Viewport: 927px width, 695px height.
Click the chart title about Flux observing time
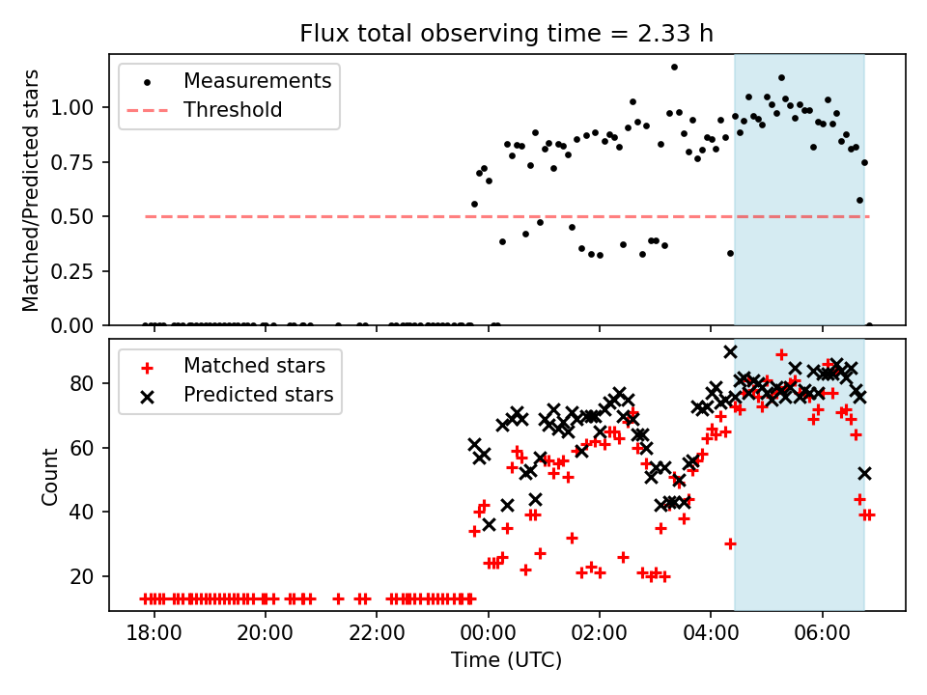506,33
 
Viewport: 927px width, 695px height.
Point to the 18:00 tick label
154,633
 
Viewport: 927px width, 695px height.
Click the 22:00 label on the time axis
377,633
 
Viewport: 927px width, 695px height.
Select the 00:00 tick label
489,633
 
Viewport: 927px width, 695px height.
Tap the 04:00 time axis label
711,633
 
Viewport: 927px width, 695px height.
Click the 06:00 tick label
823,633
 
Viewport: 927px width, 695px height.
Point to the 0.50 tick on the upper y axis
72,217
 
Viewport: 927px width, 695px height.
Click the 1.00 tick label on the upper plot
72,107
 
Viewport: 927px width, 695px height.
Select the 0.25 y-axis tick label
72,272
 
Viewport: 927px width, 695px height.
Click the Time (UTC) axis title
506,659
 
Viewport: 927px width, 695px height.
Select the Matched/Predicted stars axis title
31,190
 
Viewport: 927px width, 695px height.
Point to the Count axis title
49,476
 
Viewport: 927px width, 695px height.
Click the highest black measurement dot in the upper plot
674,68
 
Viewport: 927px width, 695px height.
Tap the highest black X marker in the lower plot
731,351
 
